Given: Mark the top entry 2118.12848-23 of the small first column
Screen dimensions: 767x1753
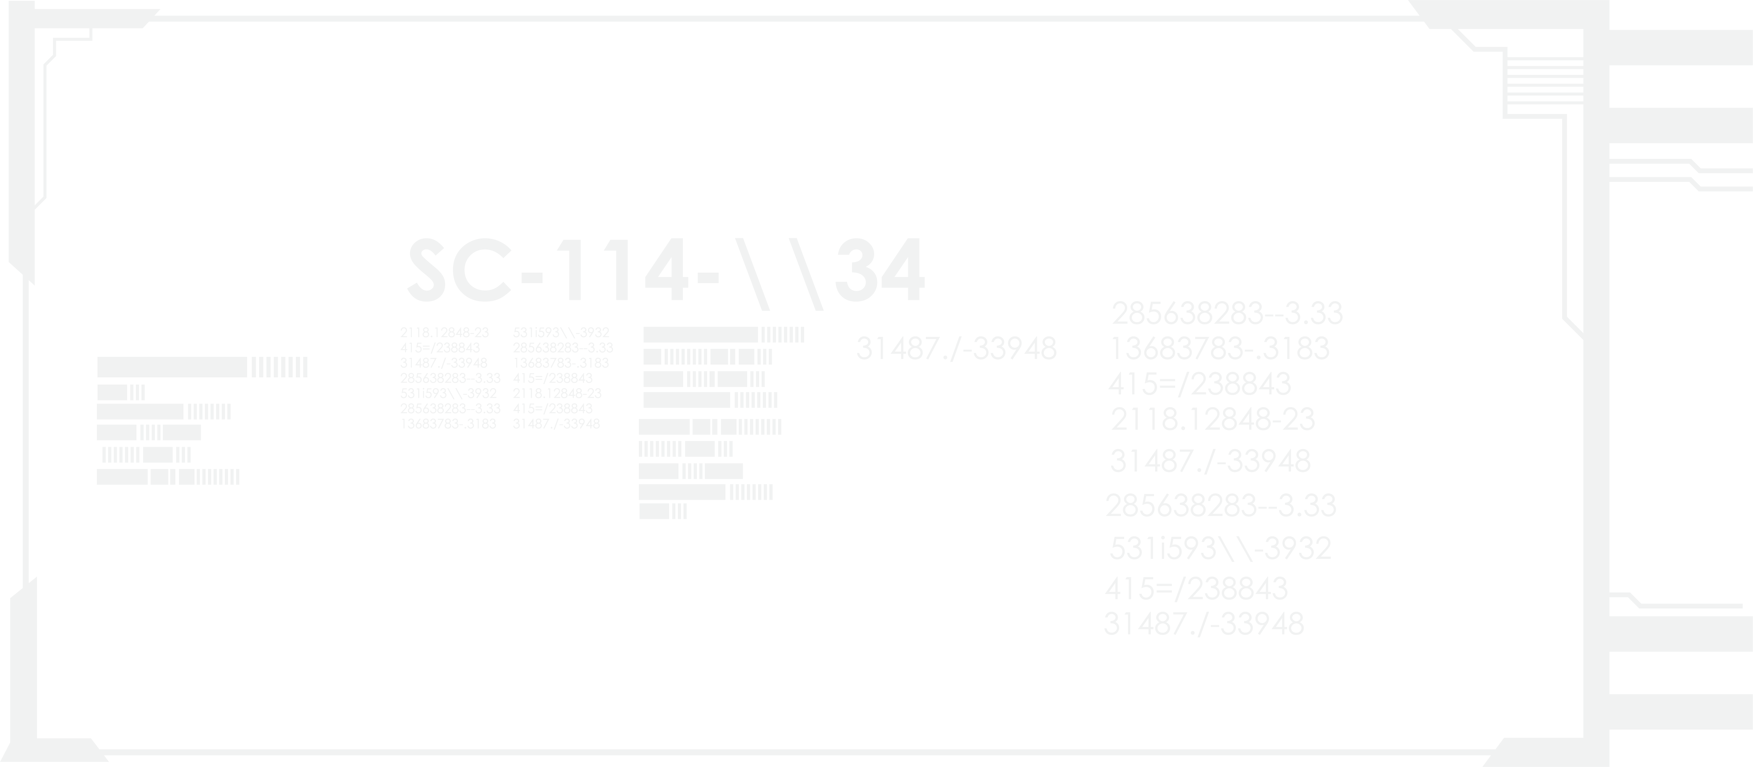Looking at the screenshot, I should click(444, 333).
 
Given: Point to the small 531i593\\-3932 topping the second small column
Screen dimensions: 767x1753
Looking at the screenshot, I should click(561, 333).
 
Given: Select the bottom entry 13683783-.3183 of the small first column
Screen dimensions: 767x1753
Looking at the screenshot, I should click(448, 424).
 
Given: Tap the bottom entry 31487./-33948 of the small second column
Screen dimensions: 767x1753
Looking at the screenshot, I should click(556, 424).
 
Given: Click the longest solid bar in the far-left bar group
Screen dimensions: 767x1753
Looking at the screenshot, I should click(171, 367).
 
